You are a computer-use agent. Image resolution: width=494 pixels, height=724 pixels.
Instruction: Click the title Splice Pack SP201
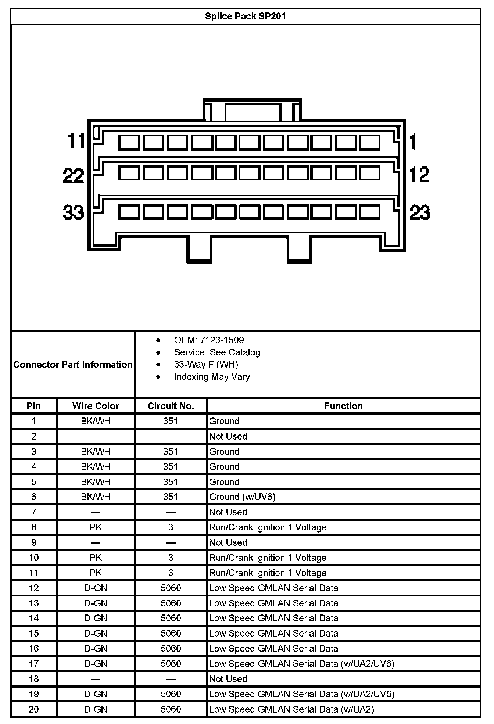click(x=245, y=16)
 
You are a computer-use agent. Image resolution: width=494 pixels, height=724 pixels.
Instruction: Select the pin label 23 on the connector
click(x=420, y=212)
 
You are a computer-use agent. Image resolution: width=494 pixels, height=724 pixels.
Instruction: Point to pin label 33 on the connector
click(x=74, y=212)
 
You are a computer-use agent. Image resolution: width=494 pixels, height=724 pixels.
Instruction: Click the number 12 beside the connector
click(x=419, y=175)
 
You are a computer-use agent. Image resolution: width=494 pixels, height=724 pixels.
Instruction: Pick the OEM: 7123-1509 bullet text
click(x=209, y=340)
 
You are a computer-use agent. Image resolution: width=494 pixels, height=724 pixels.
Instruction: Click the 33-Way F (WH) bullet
click(x=206, y=364)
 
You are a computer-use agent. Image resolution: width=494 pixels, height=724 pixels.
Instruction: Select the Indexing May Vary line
click(x=212, y=377)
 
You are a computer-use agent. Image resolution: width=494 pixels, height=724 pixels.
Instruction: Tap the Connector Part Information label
click(x=73, y=365)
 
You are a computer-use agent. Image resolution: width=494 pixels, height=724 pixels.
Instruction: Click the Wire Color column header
click(x=96, y=406)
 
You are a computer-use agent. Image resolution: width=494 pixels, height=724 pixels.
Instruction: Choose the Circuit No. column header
click(x=171, y=406)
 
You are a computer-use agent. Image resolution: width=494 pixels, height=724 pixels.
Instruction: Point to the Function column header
click(x=343, y=406)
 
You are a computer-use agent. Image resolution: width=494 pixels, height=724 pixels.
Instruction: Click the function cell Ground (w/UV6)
click(x=242, y=497)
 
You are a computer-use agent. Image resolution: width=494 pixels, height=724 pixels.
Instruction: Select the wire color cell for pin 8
click(x=96, y=527)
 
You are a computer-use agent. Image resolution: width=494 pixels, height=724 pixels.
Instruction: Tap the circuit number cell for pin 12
click(x=171, y=588)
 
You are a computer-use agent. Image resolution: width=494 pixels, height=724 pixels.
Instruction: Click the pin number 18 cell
click(x=34, y=679)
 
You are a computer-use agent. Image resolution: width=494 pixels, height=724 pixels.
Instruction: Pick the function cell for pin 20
click(x=291, y=709)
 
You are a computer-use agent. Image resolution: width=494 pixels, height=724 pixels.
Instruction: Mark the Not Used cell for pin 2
click(x=228, y=436)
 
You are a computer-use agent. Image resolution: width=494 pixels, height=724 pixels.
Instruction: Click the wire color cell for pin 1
click(x=96, y=421)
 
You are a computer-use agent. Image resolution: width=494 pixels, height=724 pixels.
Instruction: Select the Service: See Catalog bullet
click(x=217, y=352)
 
